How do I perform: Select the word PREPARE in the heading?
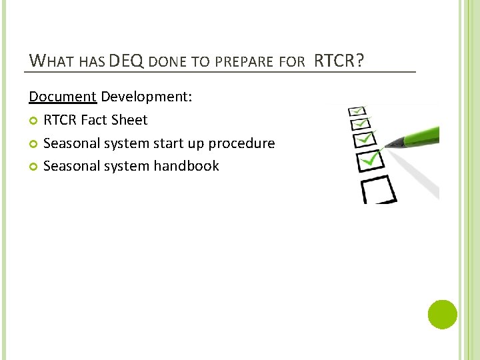pos(246,62)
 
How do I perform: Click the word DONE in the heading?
pos(168,62)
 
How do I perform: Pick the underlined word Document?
pos(63,97)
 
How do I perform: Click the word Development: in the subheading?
pos(147,97)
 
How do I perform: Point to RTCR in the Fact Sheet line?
pos(60,120)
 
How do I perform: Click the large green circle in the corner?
pos(442,314)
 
